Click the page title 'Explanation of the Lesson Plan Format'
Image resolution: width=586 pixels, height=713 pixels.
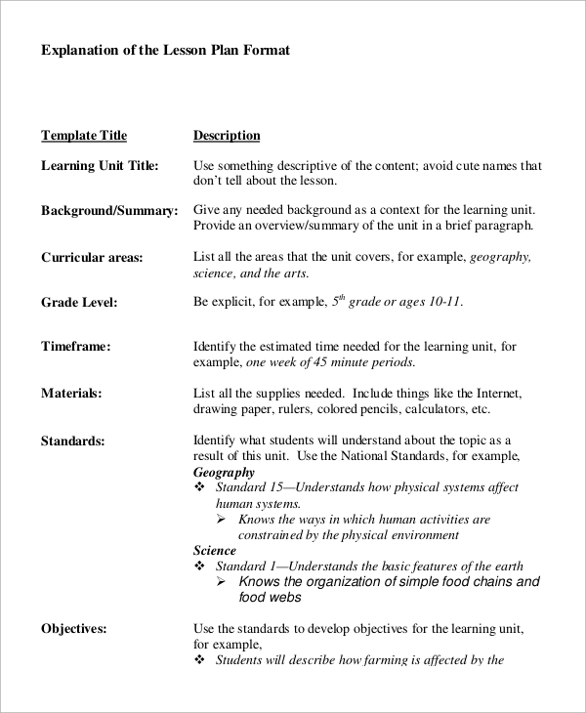coord(165,50)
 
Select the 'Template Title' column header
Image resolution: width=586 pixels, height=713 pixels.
coord(84,136)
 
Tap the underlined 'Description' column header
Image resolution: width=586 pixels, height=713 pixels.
coord(227,136)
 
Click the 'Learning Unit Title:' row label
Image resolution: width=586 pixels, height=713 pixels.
coord(100,166)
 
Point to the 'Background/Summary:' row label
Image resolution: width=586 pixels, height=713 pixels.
coord(109,211)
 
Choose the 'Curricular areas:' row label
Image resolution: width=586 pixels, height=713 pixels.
coord(92,258)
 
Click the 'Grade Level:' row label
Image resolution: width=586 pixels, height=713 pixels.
coord(79,303)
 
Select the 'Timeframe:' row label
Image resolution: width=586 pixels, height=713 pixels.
coord(75,347)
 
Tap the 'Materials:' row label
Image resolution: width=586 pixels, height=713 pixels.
coord(71,394)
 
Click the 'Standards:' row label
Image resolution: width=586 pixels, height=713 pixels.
coord(72,441)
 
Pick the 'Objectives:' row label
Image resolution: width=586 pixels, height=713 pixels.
coord(74,629)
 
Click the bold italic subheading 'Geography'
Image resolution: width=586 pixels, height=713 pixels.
coord(224,473)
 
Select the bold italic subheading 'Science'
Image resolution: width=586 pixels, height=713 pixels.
coord(214,551)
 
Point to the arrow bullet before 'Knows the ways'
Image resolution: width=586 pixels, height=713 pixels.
coord(222,520)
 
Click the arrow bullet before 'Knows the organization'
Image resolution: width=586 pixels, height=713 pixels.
coord(222,582)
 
